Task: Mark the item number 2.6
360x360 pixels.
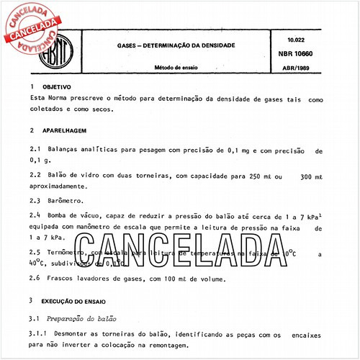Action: tap(35, 278)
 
